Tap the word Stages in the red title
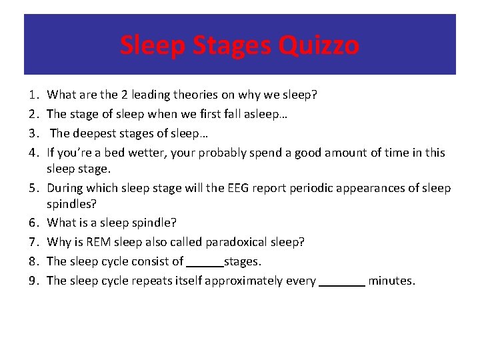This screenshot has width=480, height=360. (x=233, y=45)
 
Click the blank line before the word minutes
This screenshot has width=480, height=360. (x=342, y=281)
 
